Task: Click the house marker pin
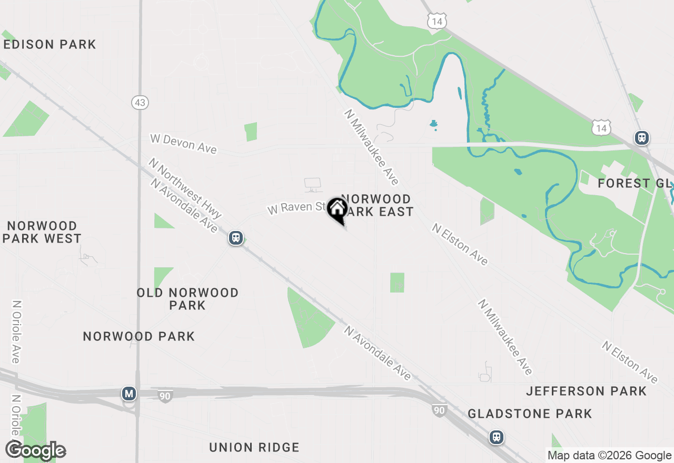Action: (337, 209)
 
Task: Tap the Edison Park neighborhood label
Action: (50, 45)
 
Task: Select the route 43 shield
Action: (140, 103)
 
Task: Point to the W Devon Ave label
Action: (183, 144)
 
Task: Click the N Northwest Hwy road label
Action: (185, 188)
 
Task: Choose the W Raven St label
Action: (297, 207)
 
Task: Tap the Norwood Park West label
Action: (42, 232)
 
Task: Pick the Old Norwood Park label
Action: (187, 299)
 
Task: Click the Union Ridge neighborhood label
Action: (254, 448)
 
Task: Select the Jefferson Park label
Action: (586, 391)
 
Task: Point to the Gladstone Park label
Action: (530, 414)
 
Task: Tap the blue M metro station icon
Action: (128, 393)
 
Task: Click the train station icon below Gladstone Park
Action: (496, 437)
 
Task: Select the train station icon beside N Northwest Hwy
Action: (236, 238)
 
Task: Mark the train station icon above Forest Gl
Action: (641, 138)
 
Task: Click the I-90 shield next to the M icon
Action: (165, 396)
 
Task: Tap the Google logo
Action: (36, 450)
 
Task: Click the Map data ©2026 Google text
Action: (609, 456)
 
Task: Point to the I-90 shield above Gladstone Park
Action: (439, 410)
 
